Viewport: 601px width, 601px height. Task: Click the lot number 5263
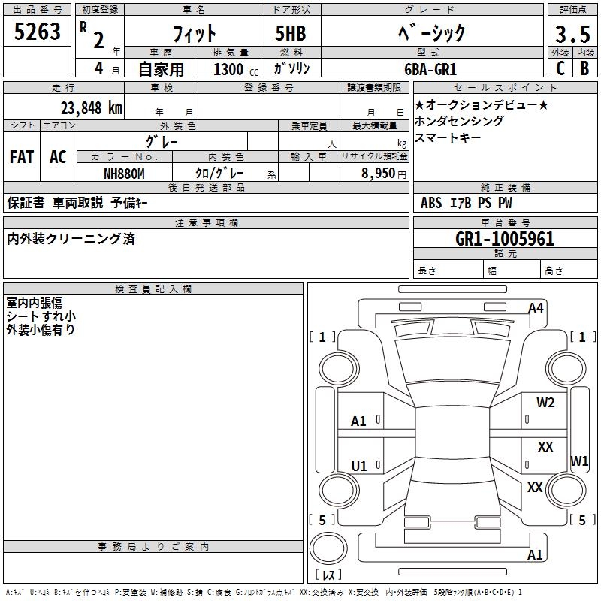pyautogui.click(x=38, y=32)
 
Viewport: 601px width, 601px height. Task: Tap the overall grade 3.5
pyautogui.click(x=571, y=35)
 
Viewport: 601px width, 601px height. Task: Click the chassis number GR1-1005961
pyautogui.click(x=505, y=239)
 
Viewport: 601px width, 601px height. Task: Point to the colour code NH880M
pyautogui.click(x=124, y=174)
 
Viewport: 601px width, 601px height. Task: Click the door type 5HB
pyautogui.click(x=291, y=34)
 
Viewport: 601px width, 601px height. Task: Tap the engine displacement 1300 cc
pyautogui.click(x=233, y=69)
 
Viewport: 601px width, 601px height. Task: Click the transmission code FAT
pyautogui.click(x=21, y=157)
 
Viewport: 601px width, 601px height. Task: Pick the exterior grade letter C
pyautogui.click(x=560, y=68)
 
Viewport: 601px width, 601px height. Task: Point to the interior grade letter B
pyautogui.click(x=584, y=68)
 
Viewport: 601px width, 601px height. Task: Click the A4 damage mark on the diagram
pyautogui.click(x=536, y=307)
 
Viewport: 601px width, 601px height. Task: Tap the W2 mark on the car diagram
pyautogui.click(x=545, y=403)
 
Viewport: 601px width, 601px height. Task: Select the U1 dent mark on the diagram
pyautogui.click(x=359, y=467)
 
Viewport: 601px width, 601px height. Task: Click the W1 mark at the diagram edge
pyautogui.click(x=579, y=461)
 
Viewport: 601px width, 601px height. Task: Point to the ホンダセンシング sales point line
pyautogui.click(x=459, y=121)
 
